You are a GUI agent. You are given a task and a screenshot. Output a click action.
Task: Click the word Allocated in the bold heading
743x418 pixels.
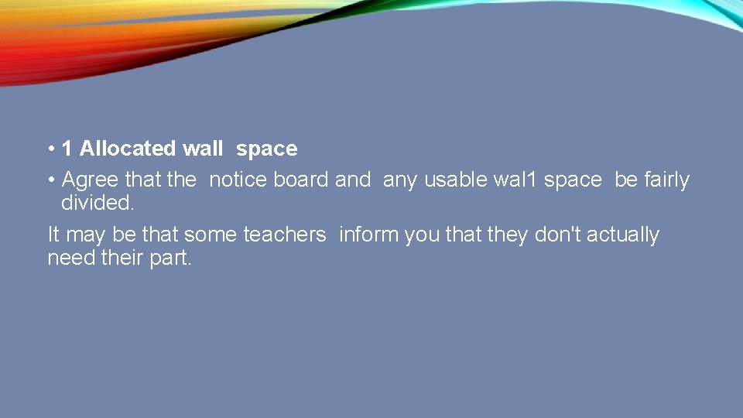coord(128,148)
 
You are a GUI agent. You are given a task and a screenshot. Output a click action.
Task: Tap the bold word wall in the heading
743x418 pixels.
coord(203,148)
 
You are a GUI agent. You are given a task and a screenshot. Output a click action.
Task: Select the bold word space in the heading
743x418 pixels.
coord(266,149)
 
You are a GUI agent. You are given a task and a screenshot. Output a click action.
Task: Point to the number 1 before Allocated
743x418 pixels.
coord(67,148)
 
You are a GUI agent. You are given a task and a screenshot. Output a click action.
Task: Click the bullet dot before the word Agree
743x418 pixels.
coord(50,180)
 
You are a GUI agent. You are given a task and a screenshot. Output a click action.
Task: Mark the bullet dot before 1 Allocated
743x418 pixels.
coord(50,149)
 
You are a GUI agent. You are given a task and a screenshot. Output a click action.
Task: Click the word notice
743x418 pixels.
coord(238,180)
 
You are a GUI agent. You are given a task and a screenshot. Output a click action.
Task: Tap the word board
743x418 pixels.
coord(301,180)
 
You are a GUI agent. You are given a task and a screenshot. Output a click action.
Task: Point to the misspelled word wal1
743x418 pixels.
coord(515,180)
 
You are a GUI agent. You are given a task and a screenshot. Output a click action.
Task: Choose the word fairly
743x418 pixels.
coord(665,180)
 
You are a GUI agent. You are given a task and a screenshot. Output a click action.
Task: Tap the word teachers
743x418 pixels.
coord(285,235)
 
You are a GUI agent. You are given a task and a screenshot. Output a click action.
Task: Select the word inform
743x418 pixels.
coord(368,235)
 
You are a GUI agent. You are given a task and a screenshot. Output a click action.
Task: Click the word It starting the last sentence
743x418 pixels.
coord(53,235)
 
